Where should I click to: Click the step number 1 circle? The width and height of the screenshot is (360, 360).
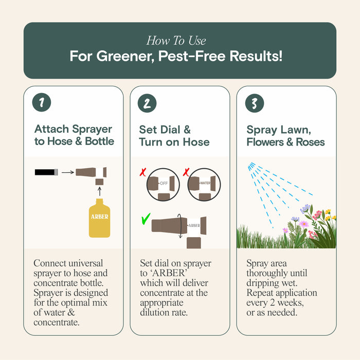42,103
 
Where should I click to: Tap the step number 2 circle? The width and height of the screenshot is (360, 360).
147,103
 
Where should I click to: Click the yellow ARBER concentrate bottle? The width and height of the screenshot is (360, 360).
99,218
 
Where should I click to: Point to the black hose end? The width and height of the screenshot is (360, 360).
46,172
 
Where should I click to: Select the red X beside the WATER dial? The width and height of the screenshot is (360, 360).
187,170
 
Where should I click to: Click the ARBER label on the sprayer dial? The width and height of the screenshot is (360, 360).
194,225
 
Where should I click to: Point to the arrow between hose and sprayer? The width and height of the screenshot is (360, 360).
67,172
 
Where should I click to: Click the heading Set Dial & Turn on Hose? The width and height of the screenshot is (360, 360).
174,135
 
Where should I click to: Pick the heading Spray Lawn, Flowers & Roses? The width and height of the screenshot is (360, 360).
285,135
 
